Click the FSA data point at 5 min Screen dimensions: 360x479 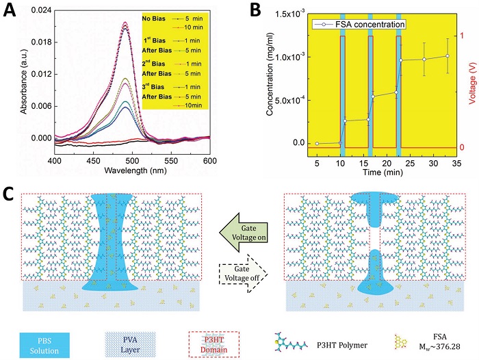tap(317, 143)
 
